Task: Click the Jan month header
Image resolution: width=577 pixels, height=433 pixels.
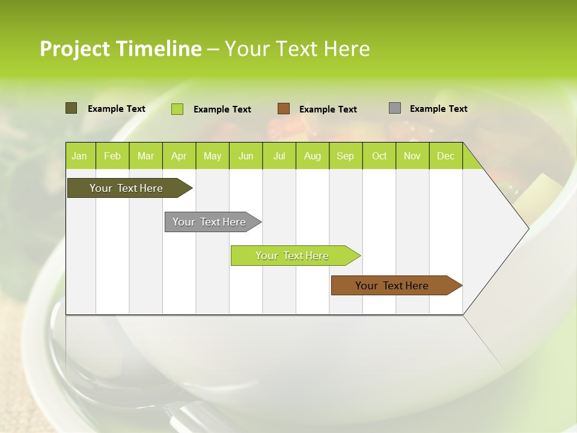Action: coord(79,156)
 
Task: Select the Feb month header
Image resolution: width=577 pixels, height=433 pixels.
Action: coord(112,156)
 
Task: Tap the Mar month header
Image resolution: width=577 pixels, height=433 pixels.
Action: coord(145,156)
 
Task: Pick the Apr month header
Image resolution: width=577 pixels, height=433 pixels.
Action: coord(179,156)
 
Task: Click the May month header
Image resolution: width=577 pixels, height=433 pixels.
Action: coord(212,156)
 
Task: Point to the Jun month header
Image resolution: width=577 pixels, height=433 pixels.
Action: coord(246,156)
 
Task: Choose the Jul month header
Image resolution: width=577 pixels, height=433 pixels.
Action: coord(279,156)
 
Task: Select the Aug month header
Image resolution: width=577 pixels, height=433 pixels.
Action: coord(312,156)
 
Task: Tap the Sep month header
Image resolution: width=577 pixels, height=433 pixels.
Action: coord(345,156)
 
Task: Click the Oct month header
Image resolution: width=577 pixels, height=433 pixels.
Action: coord(379,156)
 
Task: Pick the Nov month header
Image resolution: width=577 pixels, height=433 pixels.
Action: coord(412,156)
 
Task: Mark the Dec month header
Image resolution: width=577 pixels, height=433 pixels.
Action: coord(445,156)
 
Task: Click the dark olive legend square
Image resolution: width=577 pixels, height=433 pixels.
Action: coord(71,108)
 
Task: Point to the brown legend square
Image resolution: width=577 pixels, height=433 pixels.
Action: coord(284,109)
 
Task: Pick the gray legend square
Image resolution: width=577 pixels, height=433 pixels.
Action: coord(395,108)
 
